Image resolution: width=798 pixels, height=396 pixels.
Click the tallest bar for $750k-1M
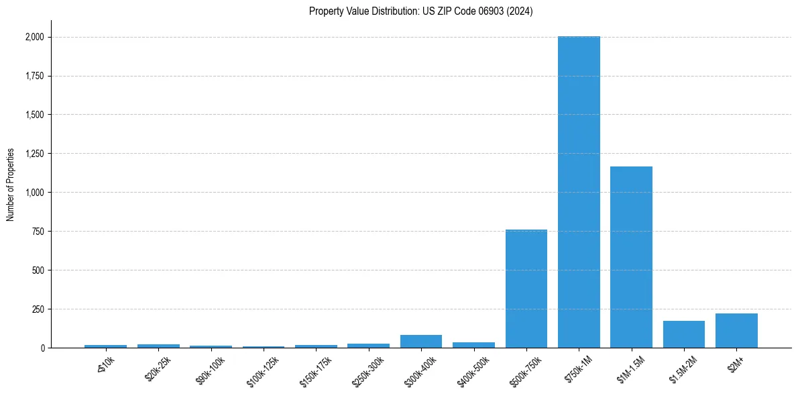point(579,192)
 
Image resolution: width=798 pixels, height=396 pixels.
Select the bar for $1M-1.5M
point(631,257)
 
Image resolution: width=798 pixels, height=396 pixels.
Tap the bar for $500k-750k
point(526,289)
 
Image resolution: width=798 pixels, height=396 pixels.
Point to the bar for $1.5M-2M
point(684,334)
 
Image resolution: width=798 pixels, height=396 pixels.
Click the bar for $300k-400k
point(421,341)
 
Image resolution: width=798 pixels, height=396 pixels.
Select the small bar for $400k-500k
point(473,345)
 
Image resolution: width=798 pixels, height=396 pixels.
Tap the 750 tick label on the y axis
point(38,232)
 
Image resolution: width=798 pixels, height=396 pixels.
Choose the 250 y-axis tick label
point(38,309)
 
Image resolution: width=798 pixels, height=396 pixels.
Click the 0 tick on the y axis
point(42,348)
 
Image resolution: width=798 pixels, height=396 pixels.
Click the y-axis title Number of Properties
point(10,185)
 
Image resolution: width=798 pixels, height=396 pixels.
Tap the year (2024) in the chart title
point(520,11)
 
